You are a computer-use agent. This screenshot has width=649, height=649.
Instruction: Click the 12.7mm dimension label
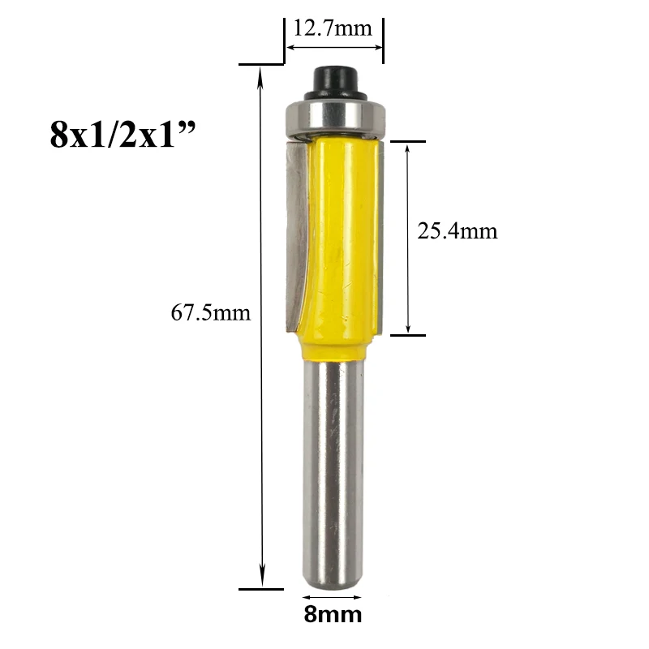tap(333, 28)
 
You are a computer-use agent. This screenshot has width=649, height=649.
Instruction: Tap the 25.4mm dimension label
tap(457, 230)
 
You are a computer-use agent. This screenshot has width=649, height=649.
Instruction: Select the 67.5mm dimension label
tap(211, 312)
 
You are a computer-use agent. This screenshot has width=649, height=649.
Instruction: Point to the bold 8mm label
tap(333, 615)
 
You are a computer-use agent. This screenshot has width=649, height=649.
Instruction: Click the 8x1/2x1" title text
tap(122, 135)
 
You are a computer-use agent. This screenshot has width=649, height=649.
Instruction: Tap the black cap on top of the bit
tap(335, 82)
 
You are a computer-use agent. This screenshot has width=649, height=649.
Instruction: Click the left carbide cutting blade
tap(295, 235)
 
